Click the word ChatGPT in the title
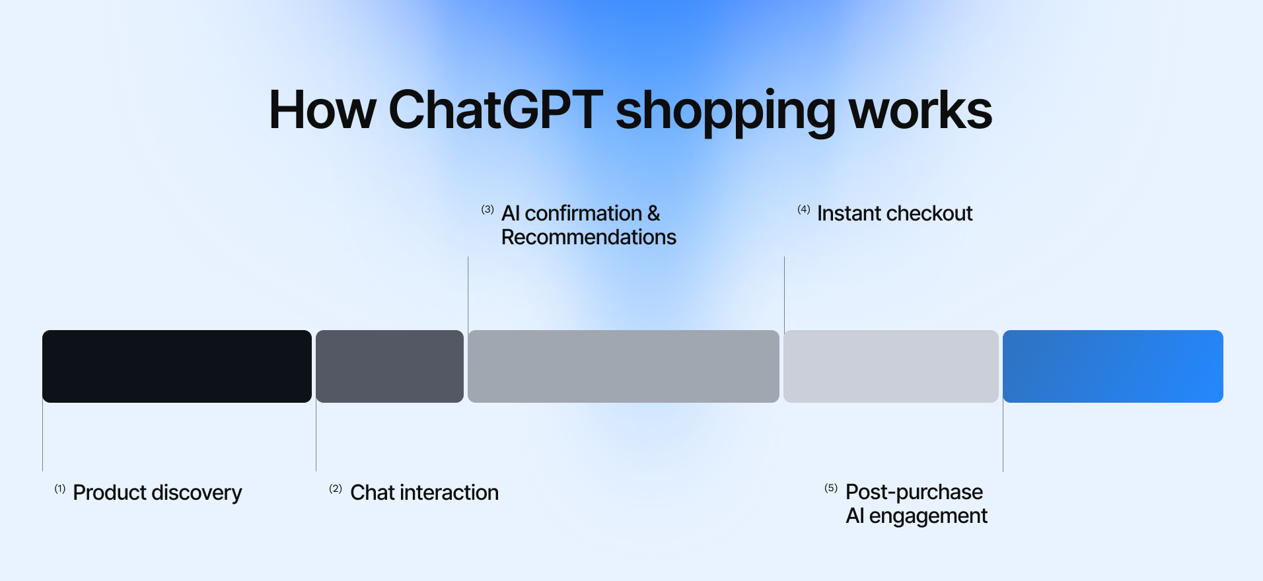(x=495, y=110)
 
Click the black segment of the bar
(x=176, y=366)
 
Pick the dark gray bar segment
(x=390, y=366)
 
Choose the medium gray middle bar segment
(x=623, y=366)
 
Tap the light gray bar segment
(x=890, y=366)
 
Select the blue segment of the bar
(x=1112, y=366)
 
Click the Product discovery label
(x=157, y=493)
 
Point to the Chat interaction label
(x=424, y=493)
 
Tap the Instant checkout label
(x=894, y=213)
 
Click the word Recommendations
(x=589, y=237)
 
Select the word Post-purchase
(x=914, y=492)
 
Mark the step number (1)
(x=60, y=489)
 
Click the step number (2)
(x=336, y=489)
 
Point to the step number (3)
(x=487, y=209)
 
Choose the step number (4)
(x=803, y=209)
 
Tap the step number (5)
(x=831, y=488)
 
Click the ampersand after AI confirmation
(x=653, y=213)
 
